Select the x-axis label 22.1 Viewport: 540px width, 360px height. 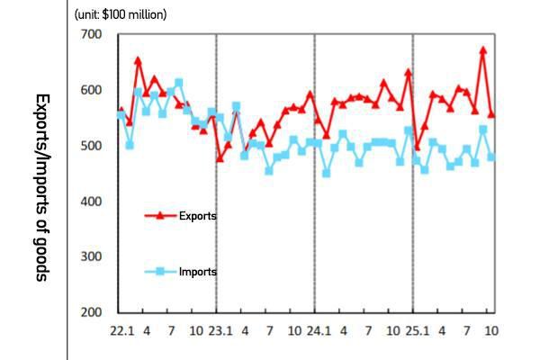pyautogui.click(x=122, y=331)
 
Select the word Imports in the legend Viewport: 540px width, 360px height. pyautogui.click(x=198, y=271)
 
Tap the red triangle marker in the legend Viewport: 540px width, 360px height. pyautogui.click(x=160, y=215)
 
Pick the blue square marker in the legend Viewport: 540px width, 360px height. pyautogui.click(x=160, y=271)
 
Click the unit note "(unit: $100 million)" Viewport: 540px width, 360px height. pyautogui.click(x=121, y=14)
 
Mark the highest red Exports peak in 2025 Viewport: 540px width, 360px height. pyautogui.click(x=482, y=50)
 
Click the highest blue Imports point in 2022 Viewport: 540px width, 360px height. pyautogui.click(x=178, y=83)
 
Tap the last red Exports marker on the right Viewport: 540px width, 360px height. pyautogui.click(x=491, y=114)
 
